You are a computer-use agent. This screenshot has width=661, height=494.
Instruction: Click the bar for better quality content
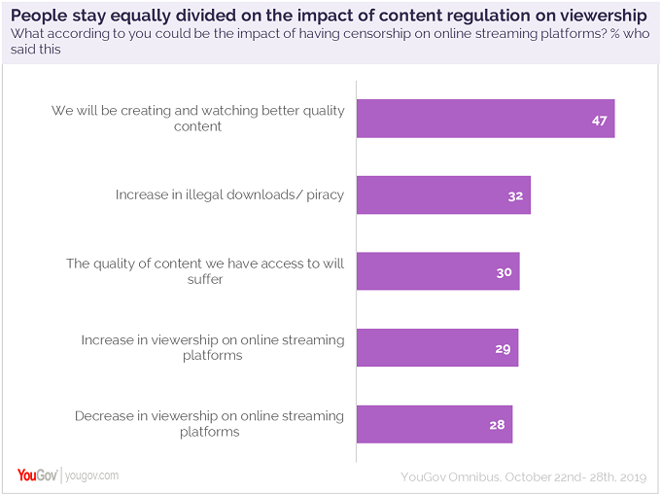485,119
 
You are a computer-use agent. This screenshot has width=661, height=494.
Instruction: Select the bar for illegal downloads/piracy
443,194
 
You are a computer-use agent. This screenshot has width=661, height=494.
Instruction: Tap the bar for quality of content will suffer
437,271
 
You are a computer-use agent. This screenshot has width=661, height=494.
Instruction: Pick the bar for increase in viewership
436,347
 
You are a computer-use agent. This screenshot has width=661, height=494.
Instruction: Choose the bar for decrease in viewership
434,424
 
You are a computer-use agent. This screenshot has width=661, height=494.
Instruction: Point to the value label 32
515,195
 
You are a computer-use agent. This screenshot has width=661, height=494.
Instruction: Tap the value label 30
504,271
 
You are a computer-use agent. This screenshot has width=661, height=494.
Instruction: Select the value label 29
503,347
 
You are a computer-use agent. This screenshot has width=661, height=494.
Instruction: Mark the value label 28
497,424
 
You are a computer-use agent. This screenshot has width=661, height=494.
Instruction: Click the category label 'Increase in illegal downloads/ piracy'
229,194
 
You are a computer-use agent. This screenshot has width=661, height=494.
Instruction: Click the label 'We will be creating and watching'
198,111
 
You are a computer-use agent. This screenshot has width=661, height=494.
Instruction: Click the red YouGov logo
37,475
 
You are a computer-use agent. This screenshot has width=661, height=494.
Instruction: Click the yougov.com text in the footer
93,476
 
